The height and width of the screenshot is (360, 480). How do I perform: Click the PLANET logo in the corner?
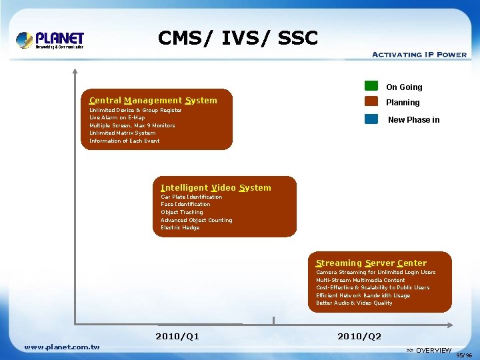(50, 39)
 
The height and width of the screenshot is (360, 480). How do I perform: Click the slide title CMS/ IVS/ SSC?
(238, 38)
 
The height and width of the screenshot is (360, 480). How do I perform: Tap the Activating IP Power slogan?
(419, 55)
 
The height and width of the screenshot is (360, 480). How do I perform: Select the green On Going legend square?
(371, 85)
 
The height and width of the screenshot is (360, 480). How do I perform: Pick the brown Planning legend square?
(371, 102)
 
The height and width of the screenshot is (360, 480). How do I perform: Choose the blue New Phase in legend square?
(371, 119)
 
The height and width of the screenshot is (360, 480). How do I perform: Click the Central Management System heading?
(153, 101)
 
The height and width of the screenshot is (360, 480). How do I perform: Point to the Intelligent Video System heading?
(216, 188)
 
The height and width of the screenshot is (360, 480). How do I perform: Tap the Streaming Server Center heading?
(371, 263)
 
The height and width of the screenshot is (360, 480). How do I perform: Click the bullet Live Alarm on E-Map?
(117, 118)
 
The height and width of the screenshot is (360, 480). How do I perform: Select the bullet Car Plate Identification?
(191, 197)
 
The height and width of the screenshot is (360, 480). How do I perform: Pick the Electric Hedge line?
(180, 228)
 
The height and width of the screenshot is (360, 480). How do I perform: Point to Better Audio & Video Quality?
(354, 303)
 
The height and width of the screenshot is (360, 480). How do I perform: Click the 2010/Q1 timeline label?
(177, 336)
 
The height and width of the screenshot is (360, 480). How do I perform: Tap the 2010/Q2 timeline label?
(359, 336)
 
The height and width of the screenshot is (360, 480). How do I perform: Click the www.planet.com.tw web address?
(62, 347)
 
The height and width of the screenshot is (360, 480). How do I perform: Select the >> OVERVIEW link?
(429, 351)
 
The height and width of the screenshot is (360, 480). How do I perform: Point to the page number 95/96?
(464, 355)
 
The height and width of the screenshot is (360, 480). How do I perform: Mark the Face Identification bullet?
(185, 205)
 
